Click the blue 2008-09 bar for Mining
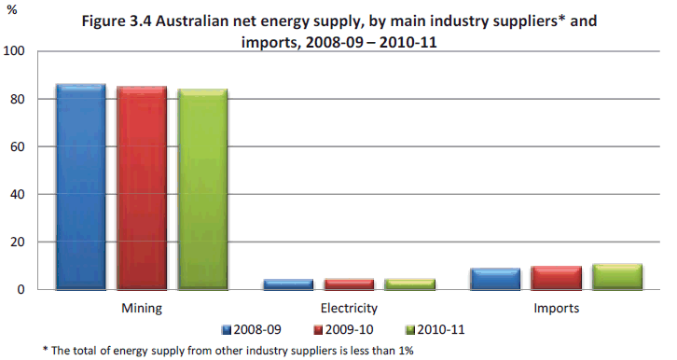(x=80, y=187)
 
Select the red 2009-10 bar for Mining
(x=142, y=187)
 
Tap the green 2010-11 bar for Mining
(x=202, y=189)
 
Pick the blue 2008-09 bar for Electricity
(x=288, y=284)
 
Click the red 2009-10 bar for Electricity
(x=349, y=284)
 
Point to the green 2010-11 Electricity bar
(x=410, y=284)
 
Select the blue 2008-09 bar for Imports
(x=494, y=279)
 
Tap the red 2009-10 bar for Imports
(x=556, y=278)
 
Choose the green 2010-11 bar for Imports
(x=617, y=277)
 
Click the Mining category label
(x=142, y=307)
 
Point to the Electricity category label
(x=349, y=307)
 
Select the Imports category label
(x=556, y=307)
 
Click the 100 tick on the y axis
(x=15, y=52)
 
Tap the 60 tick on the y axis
(x=19, y=147)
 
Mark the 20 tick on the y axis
(x=19, y=242)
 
